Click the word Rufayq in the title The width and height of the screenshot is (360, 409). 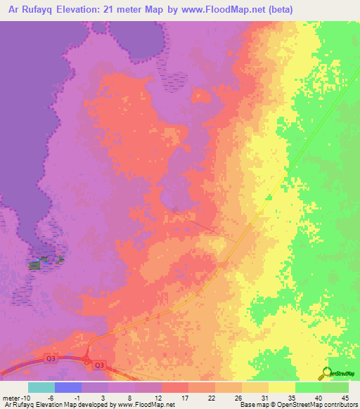click(34, 10)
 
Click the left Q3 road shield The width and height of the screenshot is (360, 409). click(51, 359)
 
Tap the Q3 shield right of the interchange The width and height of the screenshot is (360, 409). click(99, 364)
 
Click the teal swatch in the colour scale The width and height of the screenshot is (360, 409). click(41, 387)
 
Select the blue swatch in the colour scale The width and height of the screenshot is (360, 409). click(68, 387)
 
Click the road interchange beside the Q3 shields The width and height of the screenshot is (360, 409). click(87, 360)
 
